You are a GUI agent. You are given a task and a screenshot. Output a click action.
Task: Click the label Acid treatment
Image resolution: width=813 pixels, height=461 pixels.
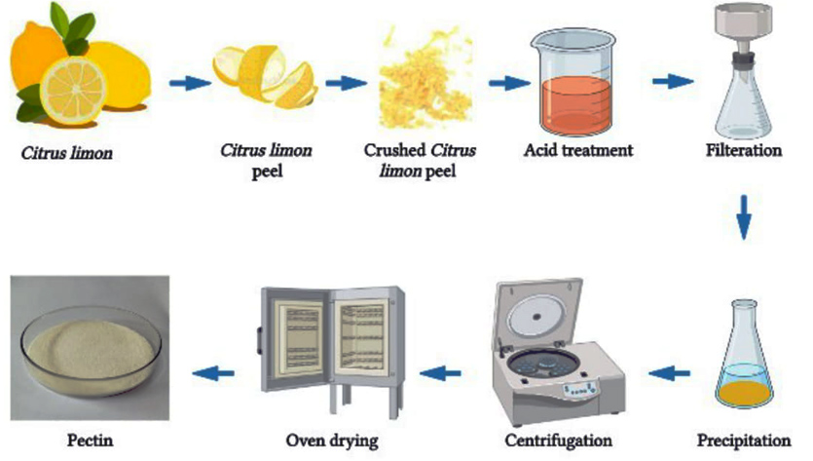click(x=577, y=151)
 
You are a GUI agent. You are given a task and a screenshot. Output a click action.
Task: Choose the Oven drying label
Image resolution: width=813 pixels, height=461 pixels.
click(x=332, y=441)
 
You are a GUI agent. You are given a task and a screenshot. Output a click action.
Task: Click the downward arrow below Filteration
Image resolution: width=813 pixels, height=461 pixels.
click(x=744, y=218)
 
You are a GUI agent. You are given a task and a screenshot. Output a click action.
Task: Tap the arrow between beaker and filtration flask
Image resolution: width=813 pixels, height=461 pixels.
click(x=673, y=82)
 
